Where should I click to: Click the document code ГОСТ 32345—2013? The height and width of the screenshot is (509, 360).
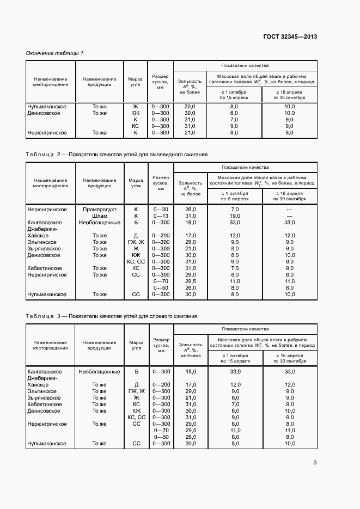(x=289, y=37)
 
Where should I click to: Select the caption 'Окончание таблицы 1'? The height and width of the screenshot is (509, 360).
(x=55, y=53)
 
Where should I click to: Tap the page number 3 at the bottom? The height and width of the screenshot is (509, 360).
(x=315, y=463)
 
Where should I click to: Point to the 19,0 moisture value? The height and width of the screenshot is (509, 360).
(x=235, y=216)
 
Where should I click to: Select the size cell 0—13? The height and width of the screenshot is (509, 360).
(x=161, y=216)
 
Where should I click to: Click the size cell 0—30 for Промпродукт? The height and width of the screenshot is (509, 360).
(x=161, y=210)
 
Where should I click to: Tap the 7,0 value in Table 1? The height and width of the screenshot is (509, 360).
(x=234, y=119)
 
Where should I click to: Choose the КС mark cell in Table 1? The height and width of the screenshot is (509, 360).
(x=136, y=126)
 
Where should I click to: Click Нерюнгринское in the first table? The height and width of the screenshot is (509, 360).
(x=47, y=132)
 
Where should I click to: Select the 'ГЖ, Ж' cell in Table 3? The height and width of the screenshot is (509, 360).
(x=136, y=391)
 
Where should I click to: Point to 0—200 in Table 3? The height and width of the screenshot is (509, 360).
(x=161, y=384)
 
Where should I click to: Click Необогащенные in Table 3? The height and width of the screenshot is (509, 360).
(x=99, y=371)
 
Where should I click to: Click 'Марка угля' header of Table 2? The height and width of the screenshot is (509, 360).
(x=136, y=182)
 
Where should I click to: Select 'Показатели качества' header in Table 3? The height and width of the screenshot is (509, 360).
(x=245, y=329)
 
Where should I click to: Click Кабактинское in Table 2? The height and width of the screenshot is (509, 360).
(x=45, y=268)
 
